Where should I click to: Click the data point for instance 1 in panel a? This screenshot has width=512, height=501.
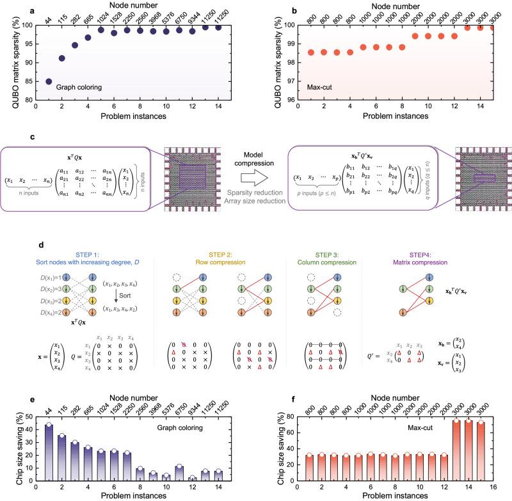[49, 81]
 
